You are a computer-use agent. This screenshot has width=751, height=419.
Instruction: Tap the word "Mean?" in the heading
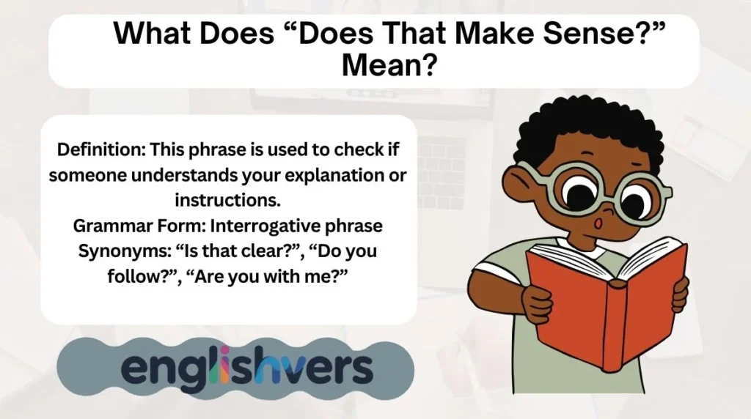[389, 67]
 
